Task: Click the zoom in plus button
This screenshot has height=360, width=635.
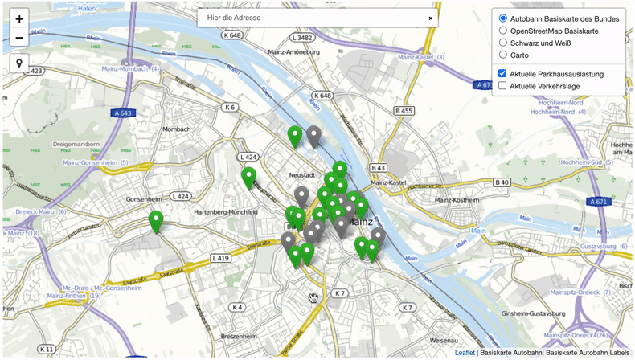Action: [x=19, y=18]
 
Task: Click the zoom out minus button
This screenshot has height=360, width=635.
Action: [x=19, y=37]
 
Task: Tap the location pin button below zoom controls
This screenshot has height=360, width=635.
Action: [x=19, y=63]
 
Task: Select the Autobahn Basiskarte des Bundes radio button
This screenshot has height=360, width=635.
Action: [x=503, y=18]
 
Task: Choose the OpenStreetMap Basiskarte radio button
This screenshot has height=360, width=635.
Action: [x=503, y=31]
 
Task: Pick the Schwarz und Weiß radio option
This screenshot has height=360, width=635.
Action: [x=503, y=43]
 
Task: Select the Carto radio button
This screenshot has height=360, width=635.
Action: [x=503, y=55]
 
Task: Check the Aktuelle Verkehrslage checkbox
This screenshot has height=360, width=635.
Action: [x=503, y=85]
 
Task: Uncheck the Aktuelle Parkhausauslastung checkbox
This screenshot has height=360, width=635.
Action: [x=503, y=73]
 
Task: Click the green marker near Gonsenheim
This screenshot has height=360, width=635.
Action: [x=155, y=220]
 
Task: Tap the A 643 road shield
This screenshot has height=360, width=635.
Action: [x=122, y=113]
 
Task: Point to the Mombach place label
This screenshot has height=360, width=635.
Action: [x=175, y=129]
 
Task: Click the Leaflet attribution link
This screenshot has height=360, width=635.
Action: [x=465, y=352]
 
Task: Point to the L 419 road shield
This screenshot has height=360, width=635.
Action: [x=221, y=258]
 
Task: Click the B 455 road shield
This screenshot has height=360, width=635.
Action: [x=404, y=110]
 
